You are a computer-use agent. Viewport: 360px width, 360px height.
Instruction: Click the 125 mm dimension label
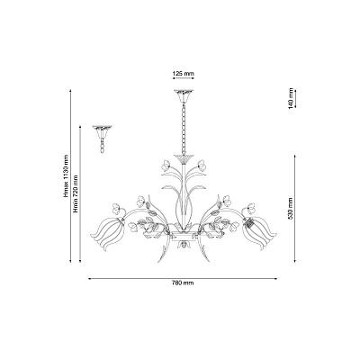pyautogui.click(x=184, y=74)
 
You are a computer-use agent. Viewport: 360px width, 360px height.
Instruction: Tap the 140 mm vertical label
pyautogui.click(x=291, y=98)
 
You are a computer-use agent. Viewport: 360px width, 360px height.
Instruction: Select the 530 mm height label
pyautogui.click(x=291, y=209)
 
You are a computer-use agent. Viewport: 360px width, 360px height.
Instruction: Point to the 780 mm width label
pyautogui.click(x=183, y=283)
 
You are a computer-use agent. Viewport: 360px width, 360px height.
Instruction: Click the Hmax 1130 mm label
pyautogui.click(x=66, y=176)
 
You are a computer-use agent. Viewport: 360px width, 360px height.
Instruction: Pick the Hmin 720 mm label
pyautogui.click(x=76, y=193)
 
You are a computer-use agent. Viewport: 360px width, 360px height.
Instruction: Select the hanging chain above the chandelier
pyautogui.click(x=183, y=129)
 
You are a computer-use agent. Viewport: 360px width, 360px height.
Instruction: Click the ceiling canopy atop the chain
pyautogui.click(x=184, y=95)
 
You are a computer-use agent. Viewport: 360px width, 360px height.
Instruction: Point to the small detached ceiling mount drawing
pyautogui.click(x=102, y=139)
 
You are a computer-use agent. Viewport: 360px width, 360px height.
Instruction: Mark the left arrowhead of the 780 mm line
pyautogui.click(x=89, y=278)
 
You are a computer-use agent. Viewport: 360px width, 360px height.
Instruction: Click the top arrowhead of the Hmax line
pyautogui.click(x=70, y=91)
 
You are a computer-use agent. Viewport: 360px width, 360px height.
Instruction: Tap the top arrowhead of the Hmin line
pyautogui.click(x=80, y=127)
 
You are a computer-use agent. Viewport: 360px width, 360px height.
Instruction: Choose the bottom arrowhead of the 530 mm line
pyautogui.click(x=295, y=261)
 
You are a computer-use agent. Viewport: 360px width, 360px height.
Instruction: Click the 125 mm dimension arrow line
pyautogui.click(x=184, y=78)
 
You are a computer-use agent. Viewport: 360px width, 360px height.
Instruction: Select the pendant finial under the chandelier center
pyautogui.click(x=184, y=246)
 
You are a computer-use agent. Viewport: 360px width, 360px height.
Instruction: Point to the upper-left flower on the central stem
pyautogui.click(x=166, y=166)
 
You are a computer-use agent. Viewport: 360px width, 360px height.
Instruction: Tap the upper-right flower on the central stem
pyautogui.click(x=201, y=166)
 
